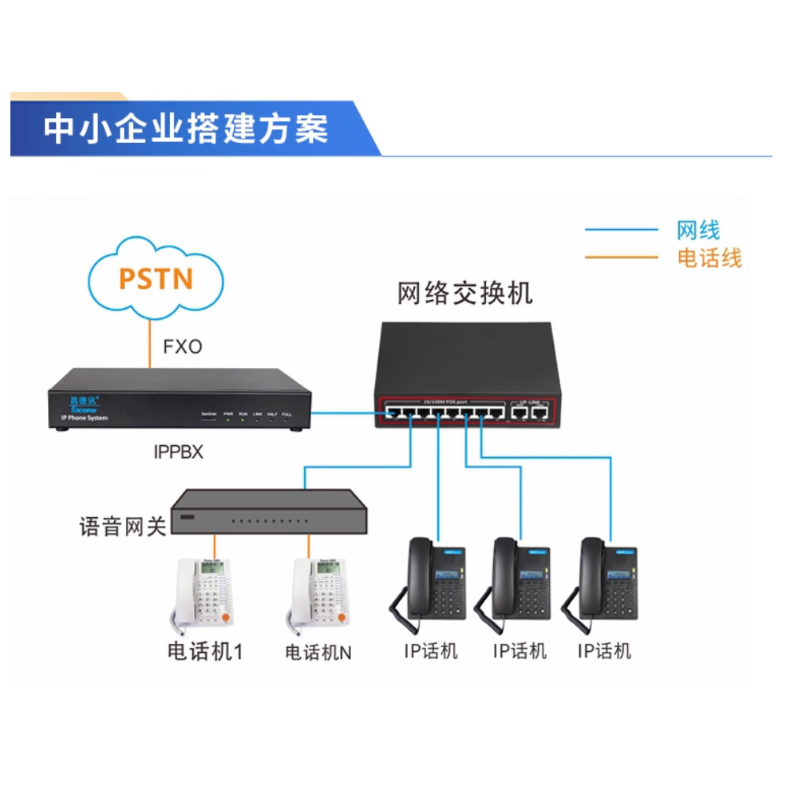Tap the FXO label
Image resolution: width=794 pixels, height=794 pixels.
point(183,347)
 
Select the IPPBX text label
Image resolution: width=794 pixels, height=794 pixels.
point(178,452)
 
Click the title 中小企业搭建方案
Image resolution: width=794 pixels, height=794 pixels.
point(185,128)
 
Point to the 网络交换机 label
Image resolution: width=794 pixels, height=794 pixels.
point(464,294)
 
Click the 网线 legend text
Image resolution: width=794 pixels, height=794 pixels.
point(697,231)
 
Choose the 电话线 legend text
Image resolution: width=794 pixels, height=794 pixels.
point(709,258)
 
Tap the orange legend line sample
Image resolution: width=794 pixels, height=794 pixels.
point(621,258)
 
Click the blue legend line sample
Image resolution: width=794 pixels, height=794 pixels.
point(621,231)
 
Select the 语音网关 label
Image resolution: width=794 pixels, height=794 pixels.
point(123,527)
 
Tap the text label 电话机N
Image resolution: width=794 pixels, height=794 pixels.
point(318,652)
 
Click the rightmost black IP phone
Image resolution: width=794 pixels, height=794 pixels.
point(603,579)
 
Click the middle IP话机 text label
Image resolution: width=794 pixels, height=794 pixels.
point(519,651)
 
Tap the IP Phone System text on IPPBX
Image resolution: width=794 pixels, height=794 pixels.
point(84,418)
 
